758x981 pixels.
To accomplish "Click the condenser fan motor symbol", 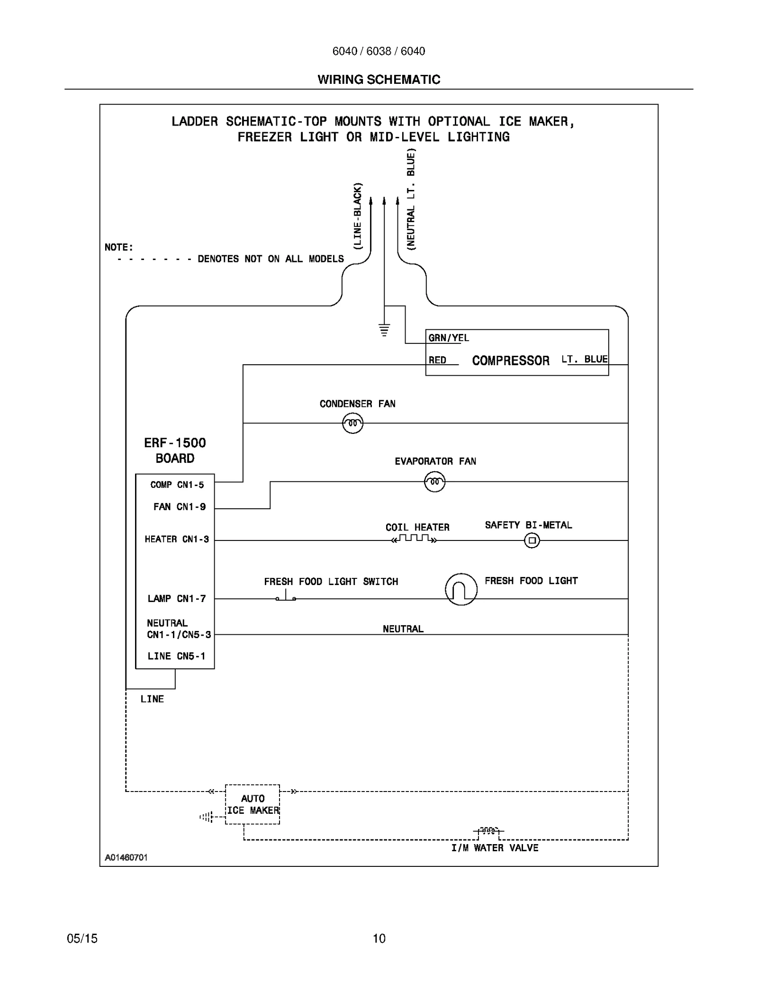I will pyautogui.click(x=352, y=423).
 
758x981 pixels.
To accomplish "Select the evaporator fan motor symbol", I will pyautogui.click(x=434, y=482).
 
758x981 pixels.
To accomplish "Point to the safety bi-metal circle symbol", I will pyautogui.click(x=532, y=540).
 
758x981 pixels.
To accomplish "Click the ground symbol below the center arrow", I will pyautogui.click(x=384, y=330).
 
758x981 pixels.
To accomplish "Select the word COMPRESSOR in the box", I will pyautogui.click(x=511, y=361).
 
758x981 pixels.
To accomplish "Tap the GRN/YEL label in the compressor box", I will pyautogui.click(x=448, y=338).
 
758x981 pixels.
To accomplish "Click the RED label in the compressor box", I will pyautogui.click(x=437, y=360).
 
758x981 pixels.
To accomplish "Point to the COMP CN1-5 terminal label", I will pyautogui.click(x=177, y=485).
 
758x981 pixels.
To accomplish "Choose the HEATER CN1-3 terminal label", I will pyautogui.click(x=177, y=539).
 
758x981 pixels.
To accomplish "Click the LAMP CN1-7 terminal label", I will pyautogui.click(x=177, y=599).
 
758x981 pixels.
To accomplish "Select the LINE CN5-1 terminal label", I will pyautogui.click(x=176, y=656).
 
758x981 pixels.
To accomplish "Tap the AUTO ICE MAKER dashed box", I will pyautogui.click(x=253, y=804).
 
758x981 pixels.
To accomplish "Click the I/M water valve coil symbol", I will pyautogui.click(x=488, y=831).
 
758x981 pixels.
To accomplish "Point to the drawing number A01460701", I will pyautogui.click(x=126, y=857).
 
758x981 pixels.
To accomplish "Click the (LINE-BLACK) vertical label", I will pyautogui.click(x=358, y=216).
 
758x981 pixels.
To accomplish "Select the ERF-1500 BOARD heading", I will pyautogui.click(x=175, y=450).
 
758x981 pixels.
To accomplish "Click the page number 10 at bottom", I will pyautogui.click(x=379, y=938).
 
